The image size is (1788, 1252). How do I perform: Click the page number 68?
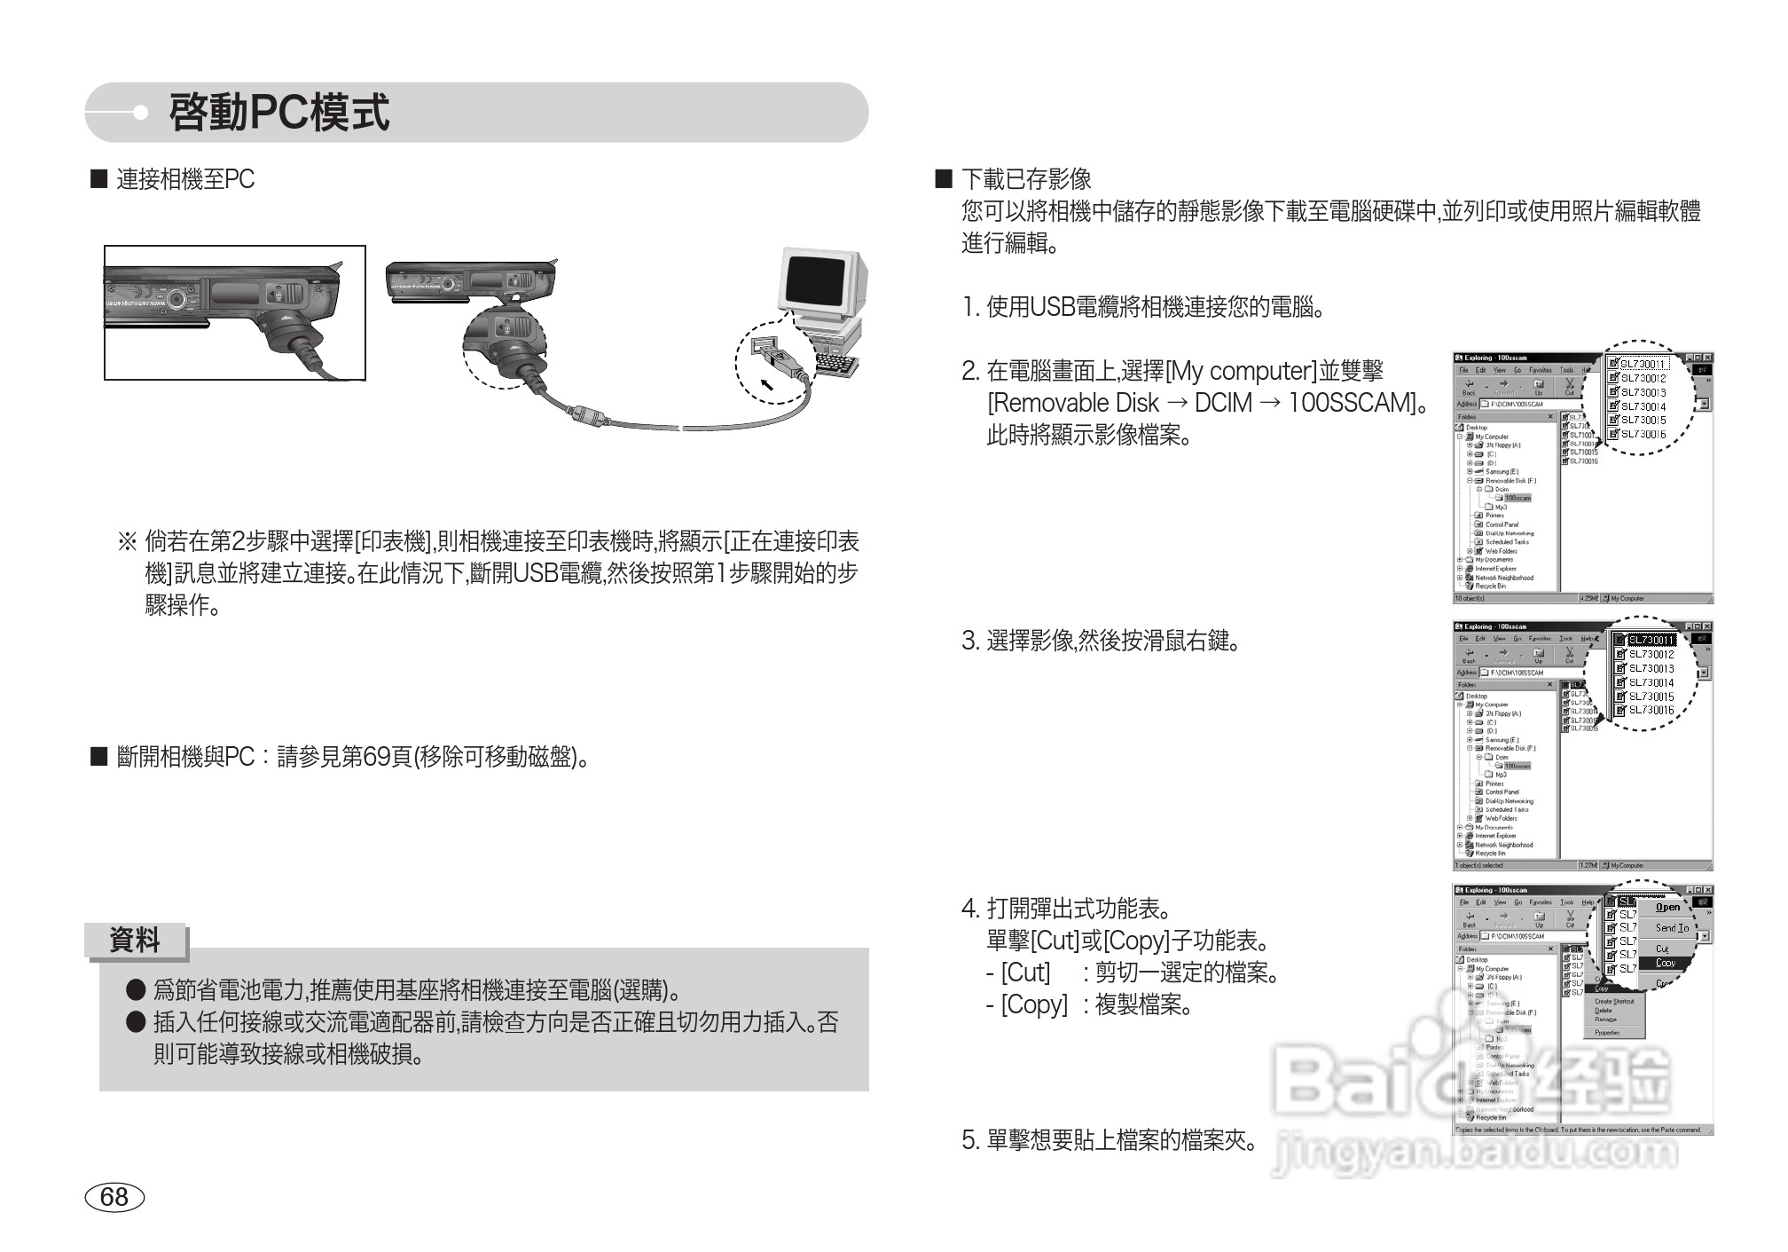coord(114,1197)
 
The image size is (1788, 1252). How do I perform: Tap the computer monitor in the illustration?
coord(816,281)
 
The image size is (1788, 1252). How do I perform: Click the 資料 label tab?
coord(135,941)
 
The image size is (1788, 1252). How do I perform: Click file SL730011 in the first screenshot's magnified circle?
coord(1643,364)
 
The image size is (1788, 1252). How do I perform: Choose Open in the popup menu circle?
coord(1667,907)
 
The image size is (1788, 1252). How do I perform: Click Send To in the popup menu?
coord(1671,928)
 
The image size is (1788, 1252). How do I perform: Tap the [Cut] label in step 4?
coord(1025,972)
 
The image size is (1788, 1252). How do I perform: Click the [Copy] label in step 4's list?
coord(1034,1004)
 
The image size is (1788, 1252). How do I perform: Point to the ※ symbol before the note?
coord(127,541)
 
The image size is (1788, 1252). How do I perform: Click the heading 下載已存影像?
coord(1026,180)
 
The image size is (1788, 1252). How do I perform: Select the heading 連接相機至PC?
coord(185,180)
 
